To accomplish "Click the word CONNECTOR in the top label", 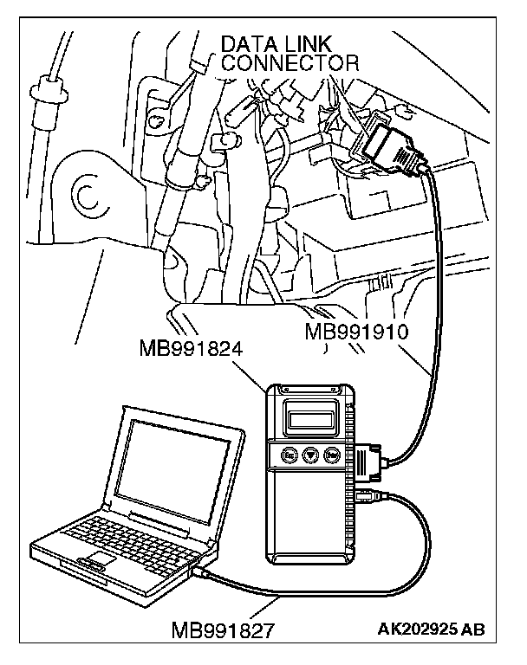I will coord(290,63).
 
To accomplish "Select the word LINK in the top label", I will coord(313,44).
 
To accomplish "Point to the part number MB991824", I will coord(190,349).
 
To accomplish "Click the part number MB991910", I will coord(357,332).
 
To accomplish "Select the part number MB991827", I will coord(224,629).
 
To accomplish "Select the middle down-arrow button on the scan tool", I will coord(309,454).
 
